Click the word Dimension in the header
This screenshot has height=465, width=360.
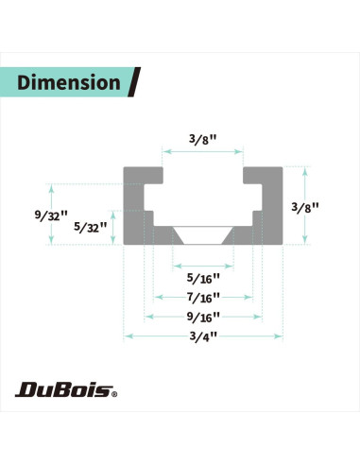tap(69, 82)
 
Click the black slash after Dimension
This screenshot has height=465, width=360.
tap(134, 82)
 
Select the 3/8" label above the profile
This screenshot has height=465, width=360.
tap(203, 139)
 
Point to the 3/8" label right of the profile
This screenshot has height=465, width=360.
tap(305, 207)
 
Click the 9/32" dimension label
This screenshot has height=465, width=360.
tap(51, 215)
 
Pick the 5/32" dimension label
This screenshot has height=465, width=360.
tap(91, 227)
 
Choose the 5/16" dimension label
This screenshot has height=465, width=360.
tap(203, 279)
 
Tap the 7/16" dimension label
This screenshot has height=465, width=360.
tap(203, 298)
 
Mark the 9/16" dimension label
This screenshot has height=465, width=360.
tap(203, 317)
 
